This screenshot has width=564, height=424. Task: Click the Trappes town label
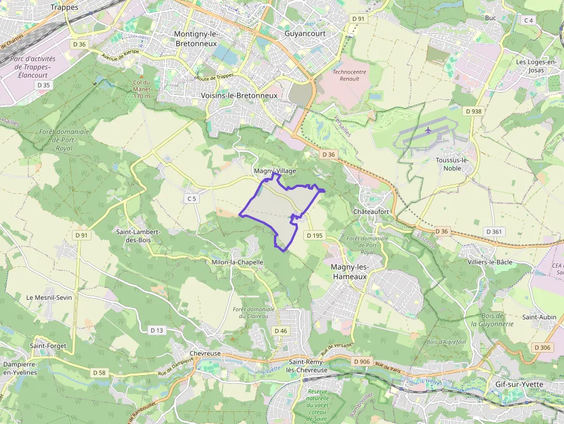64,7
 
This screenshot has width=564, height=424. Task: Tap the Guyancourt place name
305,33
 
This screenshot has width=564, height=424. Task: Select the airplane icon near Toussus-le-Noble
428,129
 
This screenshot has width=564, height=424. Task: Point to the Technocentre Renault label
350,75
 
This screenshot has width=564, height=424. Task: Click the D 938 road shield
474,111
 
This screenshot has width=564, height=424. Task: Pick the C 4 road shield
528,20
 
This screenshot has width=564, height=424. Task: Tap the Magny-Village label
275,171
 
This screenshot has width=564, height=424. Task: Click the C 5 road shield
192,198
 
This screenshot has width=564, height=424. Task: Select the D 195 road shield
315,235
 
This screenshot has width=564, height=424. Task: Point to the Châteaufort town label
371,212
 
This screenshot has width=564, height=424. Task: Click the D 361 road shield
494,231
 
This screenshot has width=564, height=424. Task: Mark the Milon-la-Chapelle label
238,262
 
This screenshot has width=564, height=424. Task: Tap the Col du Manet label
141,89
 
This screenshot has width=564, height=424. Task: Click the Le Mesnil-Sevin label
49,297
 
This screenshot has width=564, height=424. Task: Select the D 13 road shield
157,330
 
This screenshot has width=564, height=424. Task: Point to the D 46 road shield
281,331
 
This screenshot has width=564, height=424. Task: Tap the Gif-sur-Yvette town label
519,384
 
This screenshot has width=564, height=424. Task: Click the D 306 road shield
542,347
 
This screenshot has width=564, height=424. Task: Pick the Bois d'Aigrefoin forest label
446,342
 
